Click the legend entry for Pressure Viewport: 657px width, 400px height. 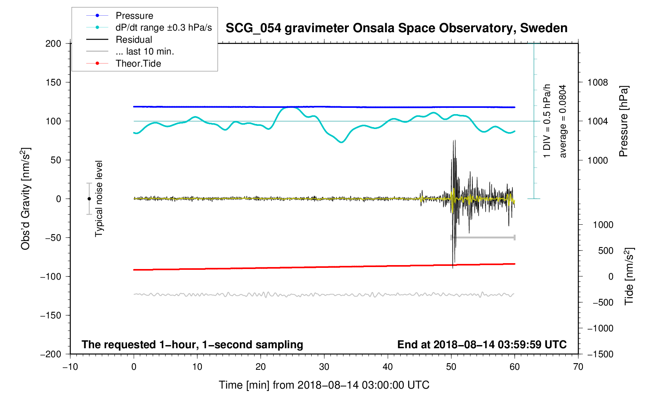coord(134,16)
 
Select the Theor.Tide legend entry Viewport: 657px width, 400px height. coord(138,64)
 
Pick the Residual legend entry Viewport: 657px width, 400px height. coord(134,40)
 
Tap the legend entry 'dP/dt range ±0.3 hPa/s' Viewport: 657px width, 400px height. coord(163,27)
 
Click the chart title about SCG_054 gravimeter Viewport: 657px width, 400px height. coord(396,28)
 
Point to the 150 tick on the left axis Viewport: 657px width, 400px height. coord(53,82)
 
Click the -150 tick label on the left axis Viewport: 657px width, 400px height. coord(51,315)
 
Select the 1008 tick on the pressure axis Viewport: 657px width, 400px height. coord(597,82)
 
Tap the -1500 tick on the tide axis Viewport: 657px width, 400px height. coord(600,354)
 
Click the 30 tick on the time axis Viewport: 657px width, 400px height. coord(324,367)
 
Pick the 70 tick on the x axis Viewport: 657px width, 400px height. coord(578,367)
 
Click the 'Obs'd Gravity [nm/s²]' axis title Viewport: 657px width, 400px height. coord(26,199)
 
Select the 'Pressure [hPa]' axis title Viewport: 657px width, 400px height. coord(623,121)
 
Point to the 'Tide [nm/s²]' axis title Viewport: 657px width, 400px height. coord(629,276)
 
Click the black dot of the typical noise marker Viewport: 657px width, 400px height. coord(89,199)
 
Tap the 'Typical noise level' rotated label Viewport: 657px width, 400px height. coord(99,199)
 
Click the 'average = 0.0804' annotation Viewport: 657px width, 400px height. coord(563,121)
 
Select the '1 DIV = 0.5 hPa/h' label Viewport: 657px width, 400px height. coord(547,121)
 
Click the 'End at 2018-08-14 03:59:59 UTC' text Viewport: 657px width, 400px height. coord(482,345)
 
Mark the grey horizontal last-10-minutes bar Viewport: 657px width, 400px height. coord(483,238)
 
